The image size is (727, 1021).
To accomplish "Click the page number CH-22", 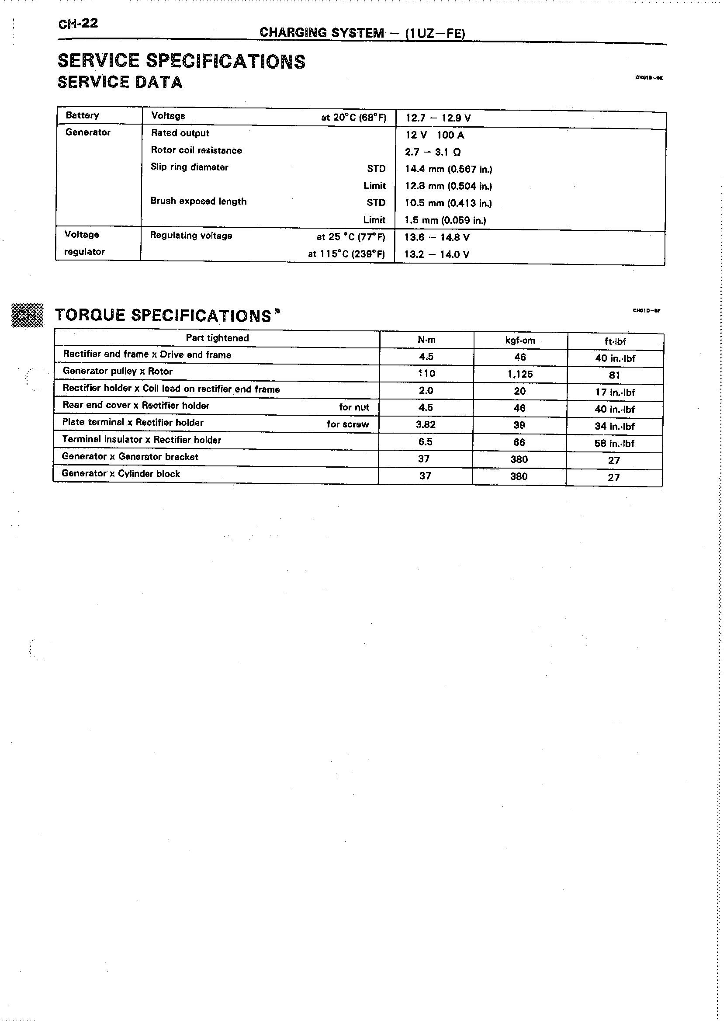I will pyautogui.click(x=78, y=23).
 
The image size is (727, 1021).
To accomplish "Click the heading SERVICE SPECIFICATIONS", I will pyautogui.click(x=181, y=61).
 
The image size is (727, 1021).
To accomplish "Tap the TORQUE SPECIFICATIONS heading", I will pyautogui.click(x=163, y=315).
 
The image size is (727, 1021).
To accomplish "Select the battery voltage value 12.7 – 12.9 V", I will pyautogui.click(x=438, y=118).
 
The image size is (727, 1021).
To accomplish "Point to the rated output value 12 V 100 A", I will pyautogui.click(x=435, y=135).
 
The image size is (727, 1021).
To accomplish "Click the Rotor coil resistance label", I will pyautogui.click(x=196, y=150).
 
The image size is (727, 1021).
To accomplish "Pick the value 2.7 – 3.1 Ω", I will pyautogui.click(x=433, y=152).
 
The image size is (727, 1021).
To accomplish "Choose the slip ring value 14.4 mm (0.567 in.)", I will pyautogui.click(x=448, y=169).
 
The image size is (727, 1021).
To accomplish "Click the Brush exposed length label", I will pyautogui.click(x=198, y=201).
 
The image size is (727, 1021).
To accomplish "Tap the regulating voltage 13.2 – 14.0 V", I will pyautogui.click(x=436, y=254).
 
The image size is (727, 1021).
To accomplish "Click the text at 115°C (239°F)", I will pyautogui.click(x=346, y=254).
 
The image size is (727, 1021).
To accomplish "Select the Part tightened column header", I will pyautogui.click(x=217, y=338).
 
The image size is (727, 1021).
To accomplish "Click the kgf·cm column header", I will pyautogui.click(x=520, y=340).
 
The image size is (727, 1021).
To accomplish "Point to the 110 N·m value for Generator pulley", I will pyautogui.click(x=426, y=373).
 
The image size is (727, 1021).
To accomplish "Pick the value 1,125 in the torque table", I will pyautogui.click(x=520, y=375).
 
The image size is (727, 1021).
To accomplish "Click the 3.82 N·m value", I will pyautogui.click(x=425, y=424).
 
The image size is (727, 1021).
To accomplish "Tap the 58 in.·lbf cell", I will pyautogui.click(x=614, y=443).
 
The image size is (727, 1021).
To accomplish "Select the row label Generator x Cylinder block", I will pyautogui.click(x=121, y=474).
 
